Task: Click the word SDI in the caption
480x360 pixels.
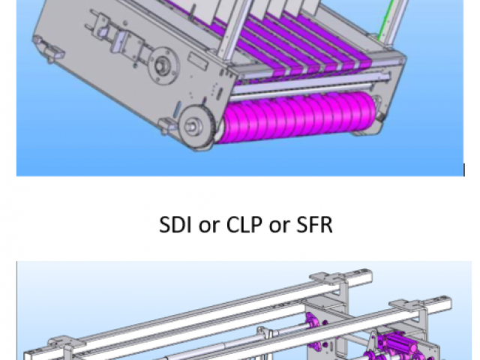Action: tap(175, 225)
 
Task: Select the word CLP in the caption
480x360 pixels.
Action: tap(244, 225)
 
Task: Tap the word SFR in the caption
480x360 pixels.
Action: tap(314, 225)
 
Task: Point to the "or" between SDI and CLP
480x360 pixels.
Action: tap(209, 226)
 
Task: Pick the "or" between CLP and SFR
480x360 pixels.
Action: tap(279, 226)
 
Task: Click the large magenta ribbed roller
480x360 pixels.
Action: tap(297, 118)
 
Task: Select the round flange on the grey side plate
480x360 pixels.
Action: tap(163, 66)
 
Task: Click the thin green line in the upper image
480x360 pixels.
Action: tap(385, 20)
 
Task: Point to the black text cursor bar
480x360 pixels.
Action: tap(464, 170)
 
